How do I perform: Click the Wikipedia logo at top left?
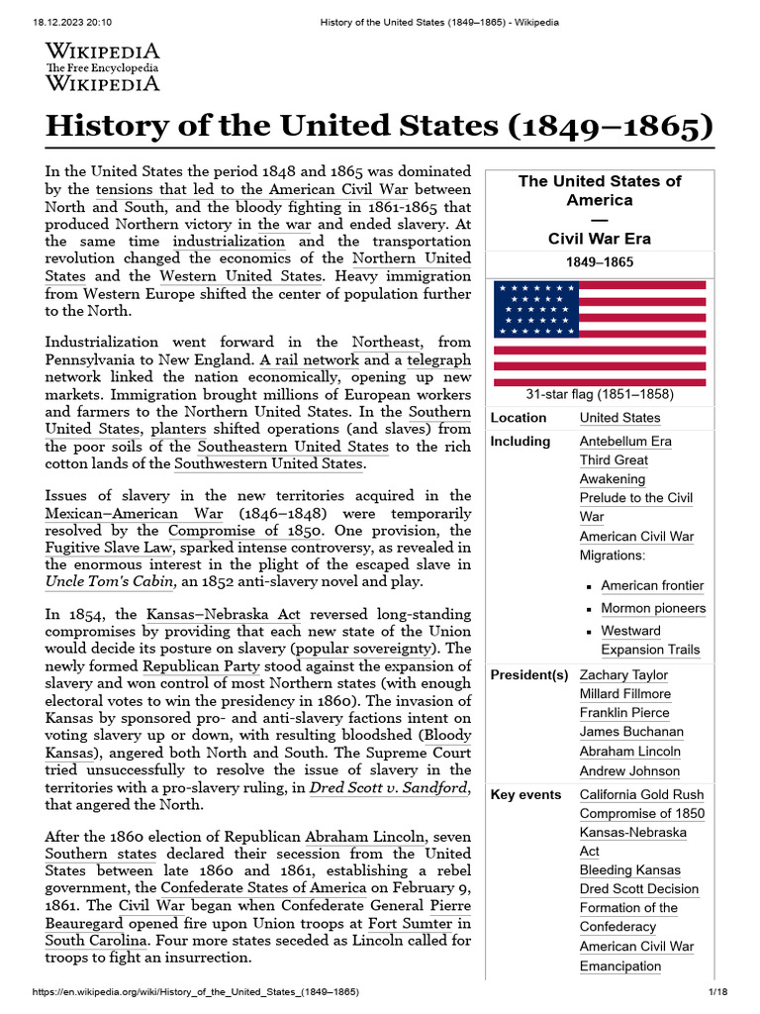[103, 66]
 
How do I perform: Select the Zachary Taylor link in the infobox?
[623, 675]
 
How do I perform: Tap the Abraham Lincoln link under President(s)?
[629, 752]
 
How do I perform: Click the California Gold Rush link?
[641, 794]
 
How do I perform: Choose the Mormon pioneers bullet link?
[653, 608]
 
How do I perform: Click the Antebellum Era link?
[625, 442]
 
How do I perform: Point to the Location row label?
[518, 418]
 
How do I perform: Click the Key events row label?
[525, 794]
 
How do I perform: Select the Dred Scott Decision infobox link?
[638, 889]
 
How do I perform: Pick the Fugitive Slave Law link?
[107, 547]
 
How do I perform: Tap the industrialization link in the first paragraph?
[229, 242]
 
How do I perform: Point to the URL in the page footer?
[196, 991]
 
